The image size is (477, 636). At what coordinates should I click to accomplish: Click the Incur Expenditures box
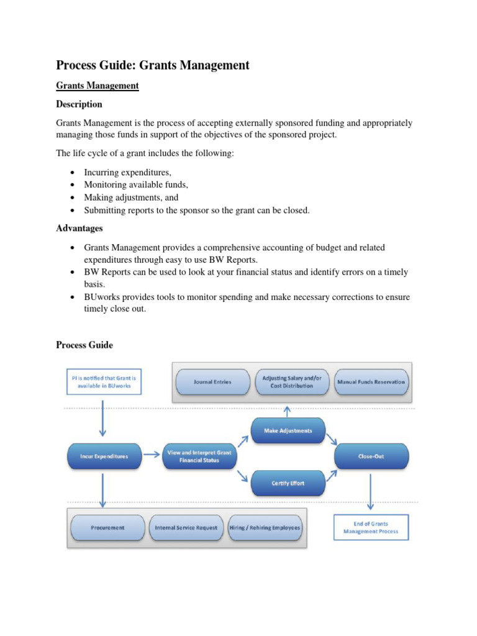point(104,457)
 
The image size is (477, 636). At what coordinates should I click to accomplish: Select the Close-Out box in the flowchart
point(371,457)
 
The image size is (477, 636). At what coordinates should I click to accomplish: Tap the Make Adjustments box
point(288,430)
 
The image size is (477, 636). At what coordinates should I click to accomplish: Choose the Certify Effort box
point(288,483)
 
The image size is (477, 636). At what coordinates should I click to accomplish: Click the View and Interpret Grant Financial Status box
point(199,457)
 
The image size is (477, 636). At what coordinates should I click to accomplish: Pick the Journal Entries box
point(212,382)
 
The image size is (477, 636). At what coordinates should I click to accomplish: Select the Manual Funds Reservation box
point(371,382)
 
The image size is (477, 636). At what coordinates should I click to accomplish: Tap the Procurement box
point(107,527)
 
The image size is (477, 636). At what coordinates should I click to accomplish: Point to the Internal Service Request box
point(186,527)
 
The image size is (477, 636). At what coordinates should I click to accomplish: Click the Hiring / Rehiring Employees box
point(265,527)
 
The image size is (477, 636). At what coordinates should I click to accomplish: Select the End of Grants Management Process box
point(371,527)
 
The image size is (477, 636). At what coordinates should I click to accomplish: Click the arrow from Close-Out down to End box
point(371,491)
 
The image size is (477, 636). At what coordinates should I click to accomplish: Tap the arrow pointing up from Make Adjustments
point(288,410)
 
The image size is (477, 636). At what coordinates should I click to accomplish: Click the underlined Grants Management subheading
point(97,86)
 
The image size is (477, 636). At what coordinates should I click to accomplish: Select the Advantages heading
point(79,229)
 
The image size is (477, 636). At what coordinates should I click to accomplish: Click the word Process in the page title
point(78,65)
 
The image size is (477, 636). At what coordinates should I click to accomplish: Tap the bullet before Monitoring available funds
point(73,185)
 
